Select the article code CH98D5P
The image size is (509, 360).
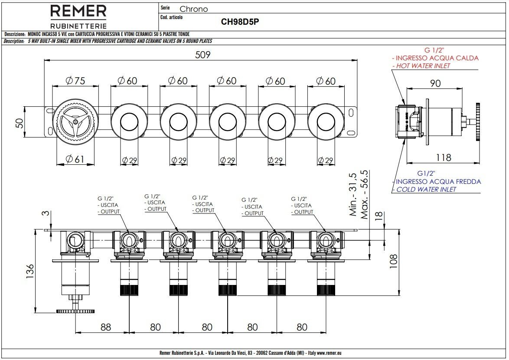[240, 22]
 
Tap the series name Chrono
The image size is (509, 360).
[194, 9]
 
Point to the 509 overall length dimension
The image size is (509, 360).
[202, 55]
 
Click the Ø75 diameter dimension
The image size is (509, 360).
[75, 81]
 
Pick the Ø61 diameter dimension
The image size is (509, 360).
[75, 159]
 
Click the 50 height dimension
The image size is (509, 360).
[20, 123]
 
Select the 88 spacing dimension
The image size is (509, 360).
[105, 327]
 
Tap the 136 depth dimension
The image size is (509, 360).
[29, 272]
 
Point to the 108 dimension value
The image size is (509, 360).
[393, 261]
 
